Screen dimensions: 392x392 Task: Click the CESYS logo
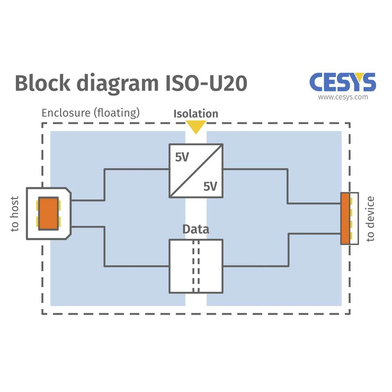pyautogui.click(x=343, y=82)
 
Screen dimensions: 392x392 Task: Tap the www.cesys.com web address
pyautogui.click(x=343, y=97)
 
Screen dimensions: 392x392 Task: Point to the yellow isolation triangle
pyautogui.click(x=196, y=127)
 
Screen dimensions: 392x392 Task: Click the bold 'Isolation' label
pyautogui.click(x=196, y=114)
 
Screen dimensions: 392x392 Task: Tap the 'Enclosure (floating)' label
pyautogui.click(x=91, y=113)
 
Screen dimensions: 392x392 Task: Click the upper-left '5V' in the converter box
pyautogui.click(x=182, y=158)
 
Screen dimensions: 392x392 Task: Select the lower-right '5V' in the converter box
pyautogui.click(x=210, y=187)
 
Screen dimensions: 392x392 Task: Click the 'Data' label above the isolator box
pyautogui.click(x=196, y=229)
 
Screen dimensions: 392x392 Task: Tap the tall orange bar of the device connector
pyautogui.click(x=345, y=218)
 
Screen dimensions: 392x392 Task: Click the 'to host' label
pyautogui.click(x=15, y=214)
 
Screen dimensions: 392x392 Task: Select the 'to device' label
pyautogui.click(x=370, y=218)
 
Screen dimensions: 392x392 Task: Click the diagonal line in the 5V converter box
pyautogui.click(x=196, y=171)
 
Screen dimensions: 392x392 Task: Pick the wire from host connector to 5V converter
pyautogui.click(x=104, y=184)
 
